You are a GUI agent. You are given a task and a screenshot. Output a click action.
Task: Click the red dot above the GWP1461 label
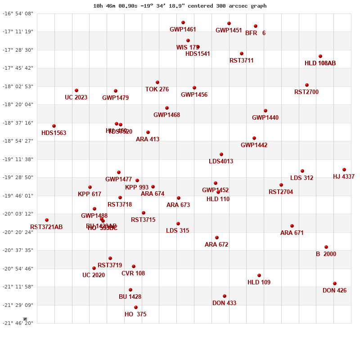coord(183,22)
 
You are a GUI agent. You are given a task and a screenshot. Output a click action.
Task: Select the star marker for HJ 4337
coord(344,170)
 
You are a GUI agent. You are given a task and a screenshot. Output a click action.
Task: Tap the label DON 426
coord(334,291)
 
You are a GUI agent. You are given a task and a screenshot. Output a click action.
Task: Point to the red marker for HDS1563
coord(54,126)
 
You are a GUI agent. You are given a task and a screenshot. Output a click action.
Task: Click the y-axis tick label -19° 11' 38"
coord(18,159)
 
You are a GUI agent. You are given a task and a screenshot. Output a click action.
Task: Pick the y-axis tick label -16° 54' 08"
coord(18,13)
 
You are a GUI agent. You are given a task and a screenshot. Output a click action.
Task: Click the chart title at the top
coord(180,6)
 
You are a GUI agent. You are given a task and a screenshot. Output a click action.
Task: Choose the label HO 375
coord(135,315)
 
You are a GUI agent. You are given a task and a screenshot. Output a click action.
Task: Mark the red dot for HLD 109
coord(259,275)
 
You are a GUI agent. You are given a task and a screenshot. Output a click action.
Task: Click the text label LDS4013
coord(221,162)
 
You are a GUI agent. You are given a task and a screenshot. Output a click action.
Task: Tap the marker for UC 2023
coord(76,90)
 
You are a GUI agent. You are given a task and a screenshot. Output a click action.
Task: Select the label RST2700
coord(306,92)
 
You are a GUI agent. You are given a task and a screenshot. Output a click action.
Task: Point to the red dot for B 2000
coord(326,247)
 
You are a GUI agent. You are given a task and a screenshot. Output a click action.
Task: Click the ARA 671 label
coord(292,233)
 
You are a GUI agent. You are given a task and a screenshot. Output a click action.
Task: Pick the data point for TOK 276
coord(157,82)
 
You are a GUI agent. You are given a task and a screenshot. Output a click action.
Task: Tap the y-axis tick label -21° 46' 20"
coord(18,324)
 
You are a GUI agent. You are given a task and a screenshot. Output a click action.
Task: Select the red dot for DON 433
coord(225,296)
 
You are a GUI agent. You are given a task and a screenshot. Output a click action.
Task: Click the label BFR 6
coord(255,33)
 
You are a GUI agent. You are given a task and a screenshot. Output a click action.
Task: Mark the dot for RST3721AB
coord(47,220)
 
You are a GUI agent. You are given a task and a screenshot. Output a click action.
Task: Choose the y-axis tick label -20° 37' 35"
coord(18,250)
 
